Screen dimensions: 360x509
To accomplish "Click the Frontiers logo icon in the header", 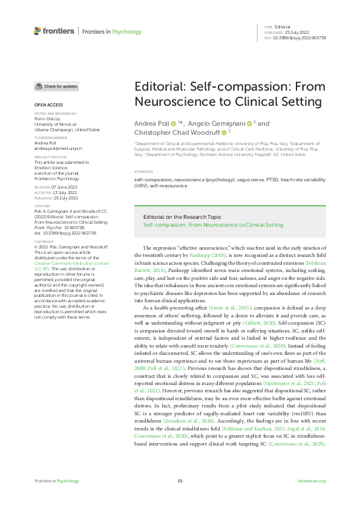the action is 38,31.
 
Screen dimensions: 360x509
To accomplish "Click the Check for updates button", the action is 56,86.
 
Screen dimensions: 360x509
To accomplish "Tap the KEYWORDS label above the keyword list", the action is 144,172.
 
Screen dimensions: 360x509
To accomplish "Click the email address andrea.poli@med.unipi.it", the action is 58,148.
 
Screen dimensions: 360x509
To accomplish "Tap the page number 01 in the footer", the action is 180,481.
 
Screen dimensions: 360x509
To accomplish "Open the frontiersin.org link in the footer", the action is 312,481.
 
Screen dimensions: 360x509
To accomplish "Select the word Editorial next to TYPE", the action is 283,27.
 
